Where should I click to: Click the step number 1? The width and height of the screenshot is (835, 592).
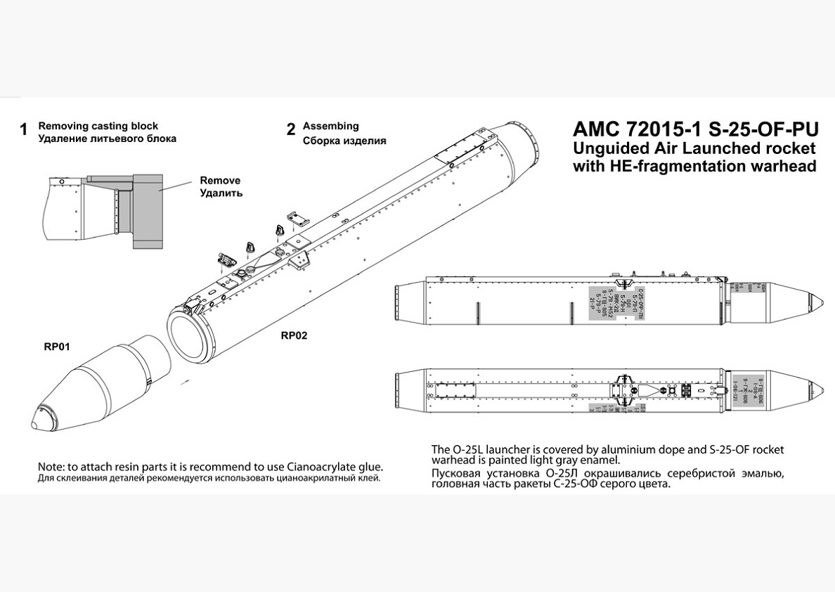[x=23, y=130]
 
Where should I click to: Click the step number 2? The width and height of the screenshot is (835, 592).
[x=290, y=130]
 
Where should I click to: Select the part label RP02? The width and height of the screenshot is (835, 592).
[x=294, y=335]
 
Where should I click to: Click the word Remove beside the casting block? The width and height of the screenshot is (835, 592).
[x=220, y=180]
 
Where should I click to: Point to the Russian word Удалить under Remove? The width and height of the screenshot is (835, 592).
[x=221, y=193]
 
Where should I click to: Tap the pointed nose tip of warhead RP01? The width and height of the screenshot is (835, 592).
[x=35, y=425]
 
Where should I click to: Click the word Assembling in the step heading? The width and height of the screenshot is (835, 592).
[x=330, y=126]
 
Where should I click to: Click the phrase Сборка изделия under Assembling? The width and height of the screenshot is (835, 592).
[x=344, y=140]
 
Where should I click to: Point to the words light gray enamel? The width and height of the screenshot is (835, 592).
[x=576, y=461]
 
